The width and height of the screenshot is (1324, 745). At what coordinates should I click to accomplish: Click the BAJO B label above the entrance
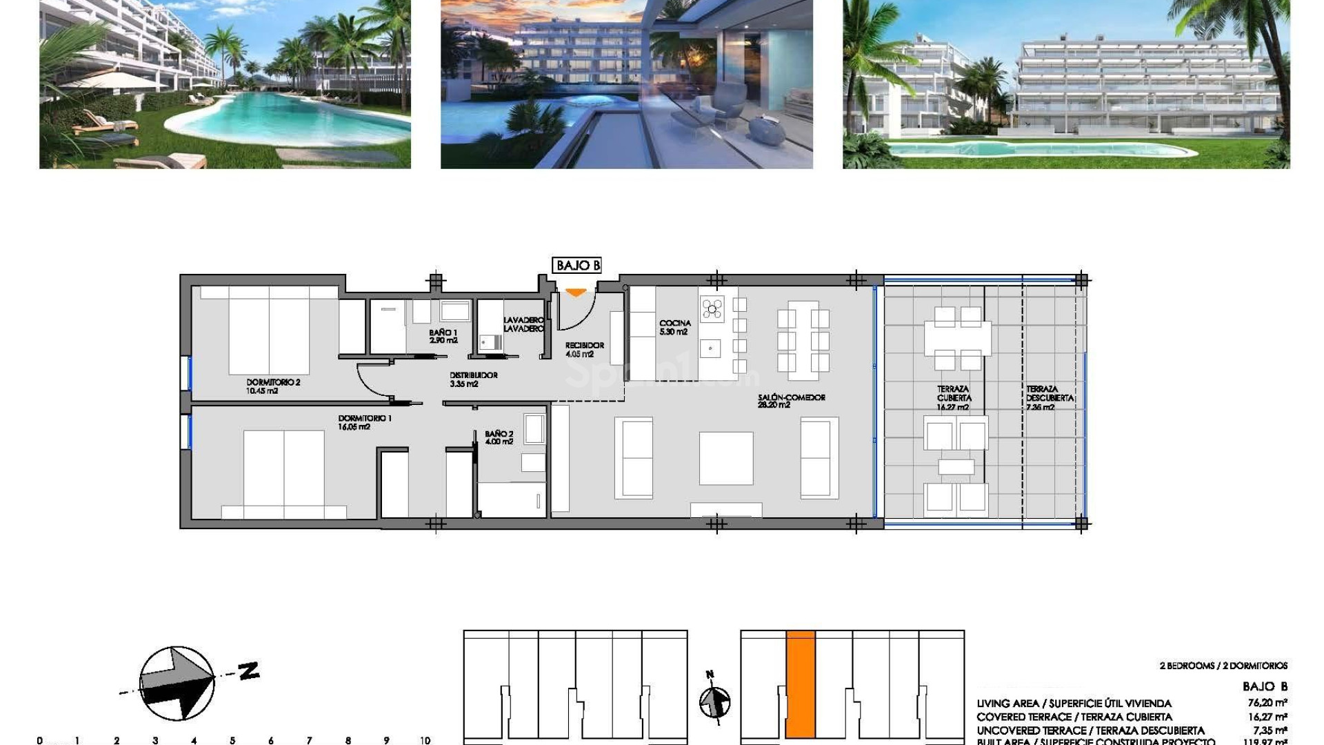577,266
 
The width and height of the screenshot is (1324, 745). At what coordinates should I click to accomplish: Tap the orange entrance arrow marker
576,293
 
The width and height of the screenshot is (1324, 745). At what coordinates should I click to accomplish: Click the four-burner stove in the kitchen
712,308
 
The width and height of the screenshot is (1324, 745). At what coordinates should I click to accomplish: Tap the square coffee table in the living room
725,458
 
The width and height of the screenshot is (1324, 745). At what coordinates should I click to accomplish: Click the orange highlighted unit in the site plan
800,683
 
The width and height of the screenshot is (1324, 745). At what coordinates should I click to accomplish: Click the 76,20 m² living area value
1267,703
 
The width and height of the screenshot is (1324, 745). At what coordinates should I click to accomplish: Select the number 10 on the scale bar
425,740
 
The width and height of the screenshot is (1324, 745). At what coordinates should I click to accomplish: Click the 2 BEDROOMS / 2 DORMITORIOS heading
1223,666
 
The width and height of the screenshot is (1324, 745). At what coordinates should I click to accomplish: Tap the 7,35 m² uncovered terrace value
1270,730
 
